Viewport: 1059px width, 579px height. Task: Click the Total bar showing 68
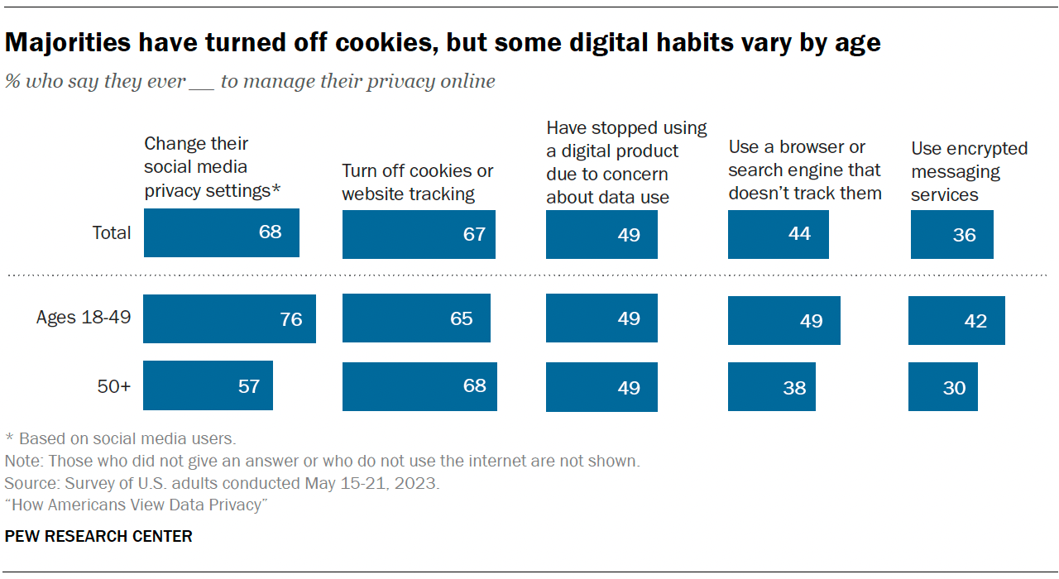click(x=221, y=232)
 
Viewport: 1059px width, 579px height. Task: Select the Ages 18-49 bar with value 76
click(x=229, y=318)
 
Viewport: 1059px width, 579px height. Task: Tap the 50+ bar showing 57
click(x=208, y=386)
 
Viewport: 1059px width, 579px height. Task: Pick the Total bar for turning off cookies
click(x=419, y=234)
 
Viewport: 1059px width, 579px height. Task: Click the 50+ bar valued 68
click(x=419, y=386)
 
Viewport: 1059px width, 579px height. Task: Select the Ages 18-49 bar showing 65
click(x=416, y=318)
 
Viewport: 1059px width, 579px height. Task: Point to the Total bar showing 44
click(x=778, y=234)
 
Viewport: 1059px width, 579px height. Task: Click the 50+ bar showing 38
click(x=771, y=386)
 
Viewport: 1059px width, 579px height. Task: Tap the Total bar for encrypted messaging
click(x=951, y=234)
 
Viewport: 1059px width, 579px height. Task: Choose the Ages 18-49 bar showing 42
click(x=956, y=320)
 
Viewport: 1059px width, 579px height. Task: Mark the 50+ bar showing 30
click(x=942, y=386)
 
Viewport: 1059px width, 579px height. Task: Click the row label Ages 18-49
click(x=84, y=317)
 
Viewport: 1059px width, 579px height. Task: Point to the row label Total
click(x=111, y=232)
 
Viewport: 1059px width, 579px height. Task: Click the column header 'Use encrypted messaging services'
click(x=969, y=172)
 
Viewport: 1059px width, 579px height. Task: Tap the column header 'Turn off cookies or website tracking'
click(x=417, y=182)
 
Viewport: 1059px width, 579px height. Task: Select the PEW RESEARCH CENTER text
click(x=98, y=536)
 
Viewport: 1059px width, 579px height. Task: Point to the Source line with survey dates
click(x=222, y=483)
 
